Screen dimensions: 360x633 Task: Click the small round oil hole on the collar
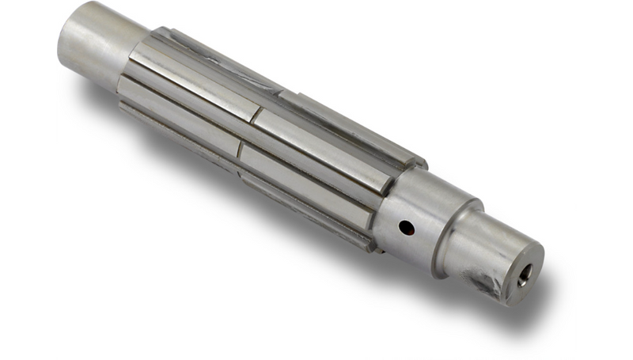(x=406, y=228)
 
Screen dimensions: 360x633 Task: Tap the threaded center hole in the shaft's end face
(x=524, y=276)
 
